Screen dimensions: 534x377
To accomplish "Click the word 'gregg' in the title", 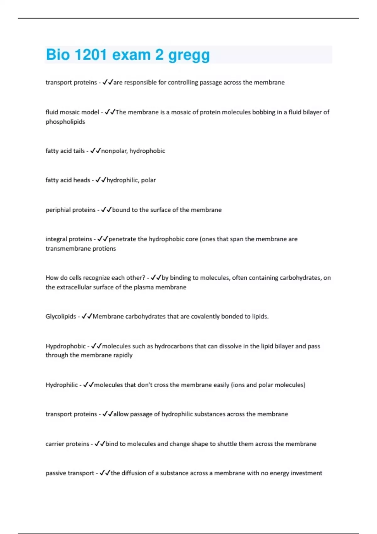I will (x=189, y=55).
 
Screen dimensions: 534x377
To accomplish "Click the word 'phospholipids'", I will (x=65, y=122).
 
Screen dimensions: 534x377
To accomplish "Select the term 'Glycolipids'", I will (x=61, y=316).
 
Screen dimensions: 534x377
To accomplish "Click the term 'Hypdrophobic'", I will (x=65, y=346).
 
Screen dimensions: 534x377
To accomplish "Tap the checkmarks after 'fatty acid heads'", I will (x=101, y=180).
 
